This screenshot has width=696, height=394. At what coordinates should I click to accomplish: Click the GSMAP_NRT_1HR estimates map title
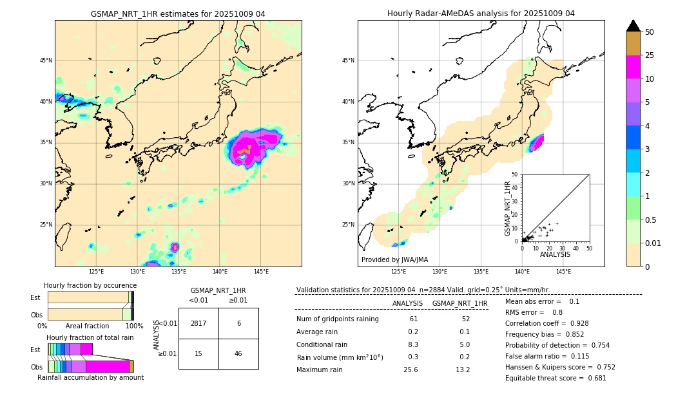pyautogui.click(x=178, y=14)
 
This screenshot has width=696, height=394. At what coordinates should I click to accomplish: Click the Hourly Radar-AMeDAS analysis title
pyautogui.click(x=481, y=14)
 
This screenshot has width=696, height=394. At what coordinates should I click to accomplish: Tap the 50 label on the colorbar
pyautogui.click(x=650, y=32)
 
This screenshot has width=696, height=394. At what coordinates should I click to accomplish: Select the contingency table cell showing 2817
pyautogui.click(x=198, y=323)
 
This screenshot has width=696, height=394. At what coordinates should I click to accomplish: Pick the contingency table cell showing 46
pyautogui.click(x=238, y=354)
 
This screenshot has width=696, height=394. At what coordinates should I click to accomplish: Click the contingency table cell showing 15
pyautogui.click(x=198, y=354)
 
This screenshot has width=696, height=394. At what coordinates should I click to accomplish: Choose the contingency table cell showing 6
pyautogui.click(x=238, y=323)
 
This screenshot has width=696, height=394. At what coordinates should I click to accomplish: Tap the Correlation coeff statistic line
pyautogui.click(x=546, y=323)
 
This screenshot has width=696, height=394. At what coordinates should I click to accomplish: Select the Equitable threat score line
pyautogui.click(x=556, y=378)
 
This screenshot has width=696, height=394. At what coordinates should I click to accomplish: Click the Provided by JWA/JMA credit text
pyautogui.click(x=394, y=259)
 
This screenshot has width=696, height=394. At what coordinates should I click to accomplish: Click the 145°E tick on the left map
pyautogui.click(x=261, y=272)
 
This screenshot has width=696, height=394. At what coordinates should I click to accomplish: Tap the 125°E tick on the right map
pyautogui.click(x=399, y=272)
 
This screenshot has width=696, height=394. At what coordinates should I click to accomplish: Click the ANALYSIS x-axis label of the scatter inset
pyautogui.click(x=555, y=254)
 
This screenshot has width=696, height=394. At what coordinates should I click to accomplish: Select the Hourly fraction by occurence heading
pyautogui.click(x=90, y=285)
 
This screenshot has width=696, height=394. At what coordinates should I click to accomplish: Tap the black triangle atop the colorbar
pyautogui.click(x=633, y=26)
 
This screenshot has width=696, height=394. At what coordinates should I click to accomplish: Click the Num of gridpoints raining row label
pyautogui.click(x=337, y=319)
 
